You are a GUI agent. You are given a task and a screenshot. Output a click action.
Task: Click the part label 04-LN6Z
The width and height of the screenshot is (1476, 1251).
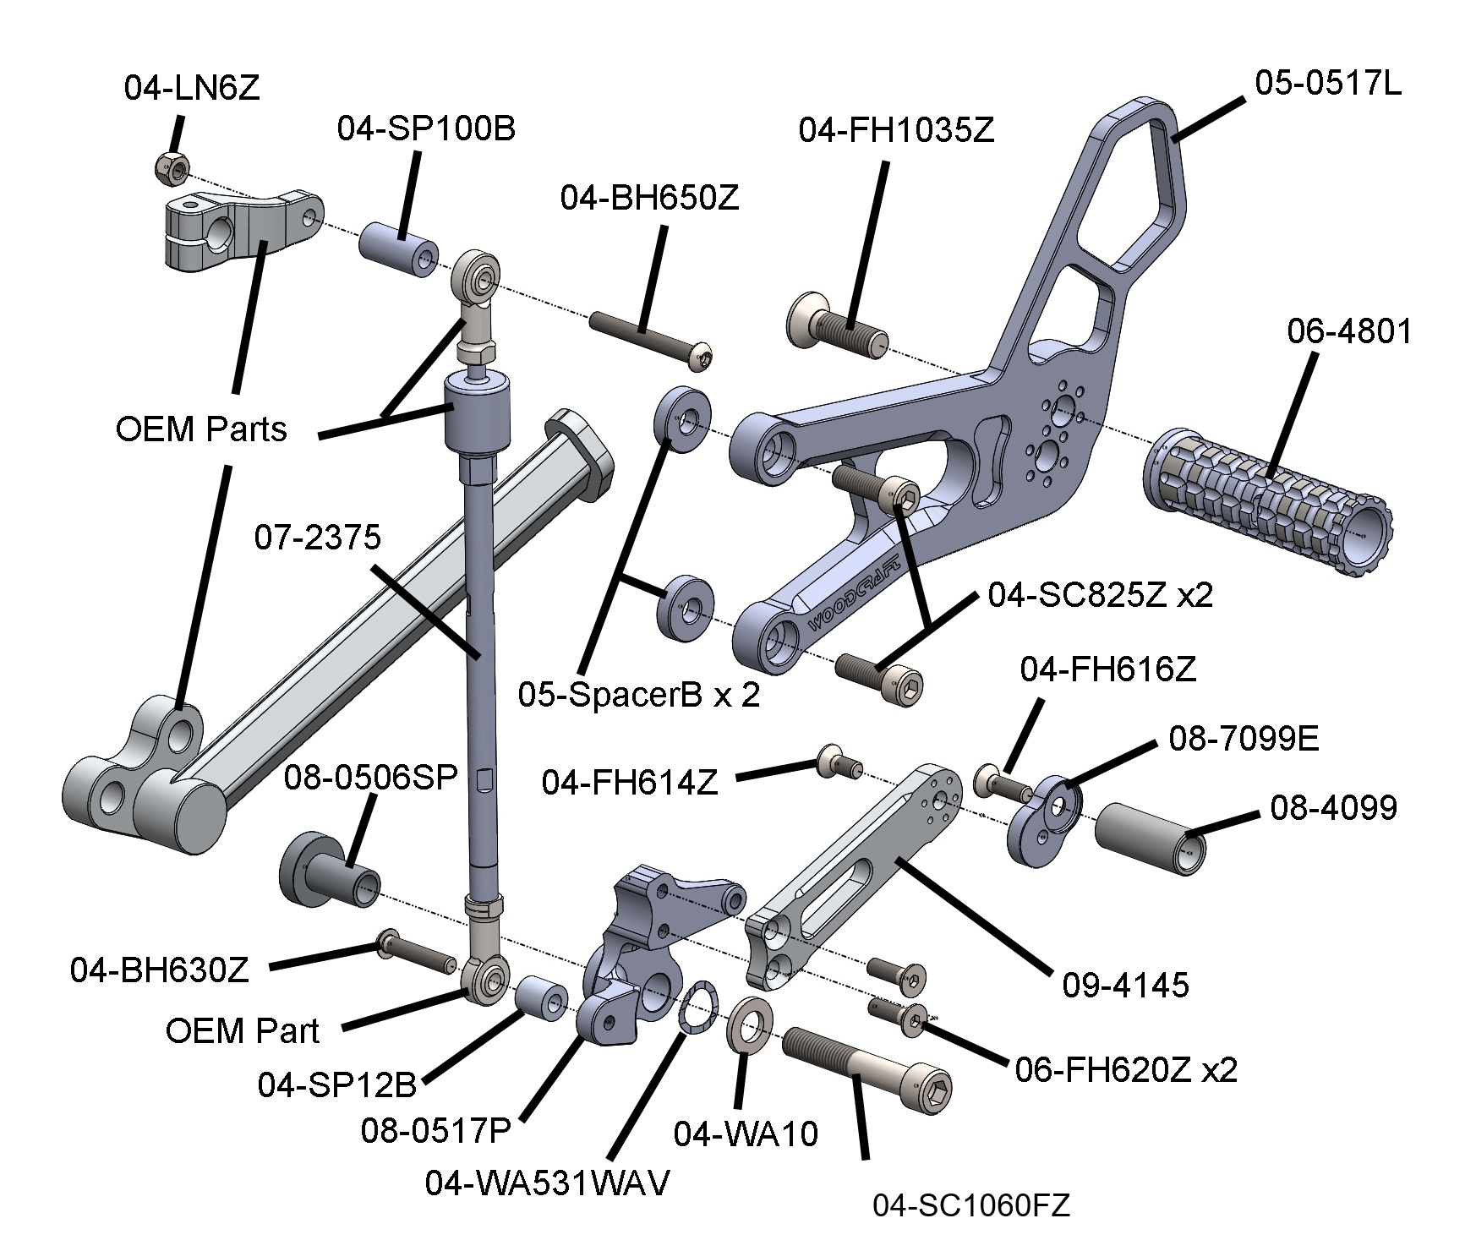coord(192,89)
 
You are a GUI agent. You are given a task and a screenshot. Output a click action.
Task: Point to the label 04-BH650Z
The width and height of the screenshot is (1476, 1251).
coord(649,199)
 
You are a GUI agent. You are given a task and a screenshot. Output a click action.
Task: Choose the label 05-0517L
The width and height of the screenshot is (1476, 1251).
coord(1328,84)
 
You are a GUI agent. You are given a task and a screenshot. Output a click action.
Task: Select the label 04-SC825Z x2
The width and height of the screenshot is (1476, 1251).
coord(1100,595)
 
